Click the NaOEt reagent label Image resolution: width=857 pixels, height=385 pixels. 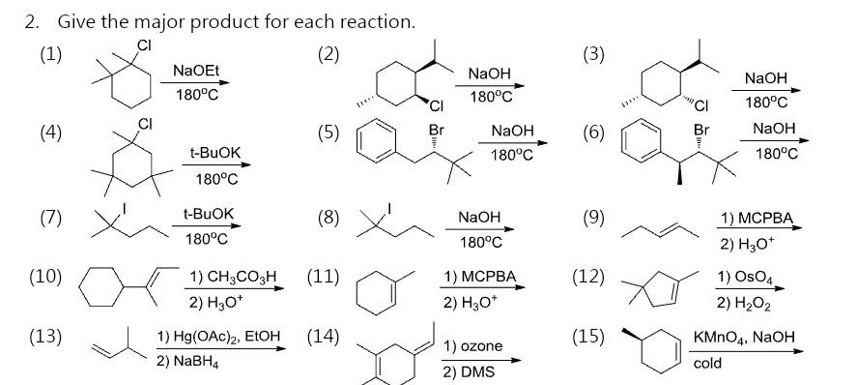(195, 71)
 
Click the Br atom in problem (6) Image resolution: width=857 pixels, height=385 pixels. (701, 129)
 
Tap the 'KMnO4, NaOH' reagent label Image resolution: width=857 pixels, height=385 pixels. (743, 337)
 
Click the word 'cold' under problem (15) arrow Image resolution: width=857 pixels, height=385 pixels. (707, 363)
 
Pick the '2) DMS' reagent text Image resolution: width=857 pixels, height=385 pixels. (466, 371)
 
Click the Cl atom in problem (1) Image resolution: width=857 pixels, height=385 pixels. (144, 45)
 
